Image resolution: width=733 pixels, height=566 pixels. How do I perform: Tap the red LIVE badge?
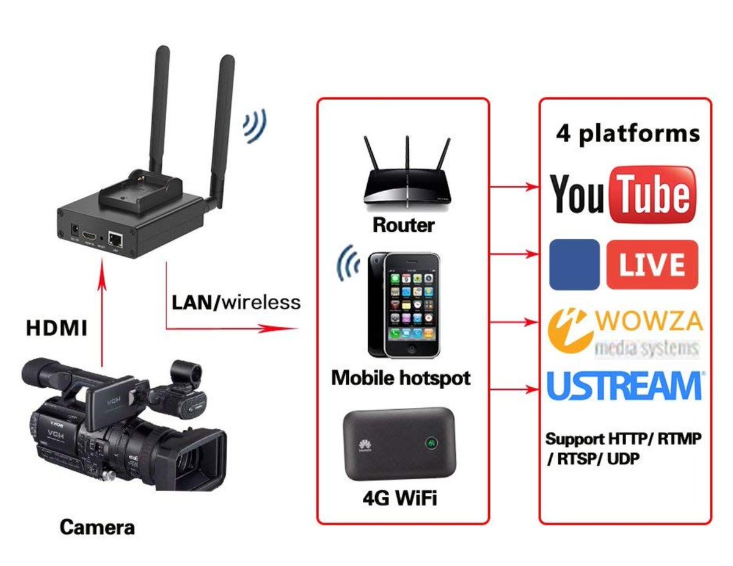[652, 264]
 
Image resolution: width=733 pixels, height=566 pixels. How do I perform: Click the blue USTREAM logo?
[625, 385]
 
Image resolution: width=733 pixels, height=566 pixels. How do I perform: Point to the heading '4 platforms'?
[627, 133]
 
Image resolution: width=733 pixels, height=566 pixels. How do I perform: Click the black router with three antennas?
[406, 180]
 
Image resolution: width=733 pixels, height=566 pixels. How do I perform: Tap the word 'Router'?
[404, 225]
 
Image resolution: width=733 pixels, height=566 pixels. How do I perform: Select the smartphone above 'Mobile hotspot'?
[403, 305]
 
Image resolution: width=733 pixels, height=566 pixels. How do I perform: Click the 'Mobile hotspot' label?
[401, 378]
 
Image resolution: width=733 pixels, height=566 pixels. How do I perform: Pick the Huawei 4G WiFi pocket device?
[400, 444]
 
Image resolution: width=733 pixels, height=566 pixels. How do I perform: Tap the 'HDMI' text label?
[57, 329]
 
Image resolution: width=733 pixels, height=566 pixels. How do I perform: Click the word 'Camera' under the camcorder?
[97, 526]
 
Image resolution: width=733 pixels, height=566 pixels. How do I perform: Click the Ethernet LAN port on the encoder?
[114, 238]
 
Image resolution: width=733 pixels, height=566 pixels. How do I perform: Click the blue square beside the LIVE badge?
[574, 264]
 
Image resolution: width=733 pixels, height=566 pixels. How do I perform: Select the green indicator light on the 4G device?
[431, 441]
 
